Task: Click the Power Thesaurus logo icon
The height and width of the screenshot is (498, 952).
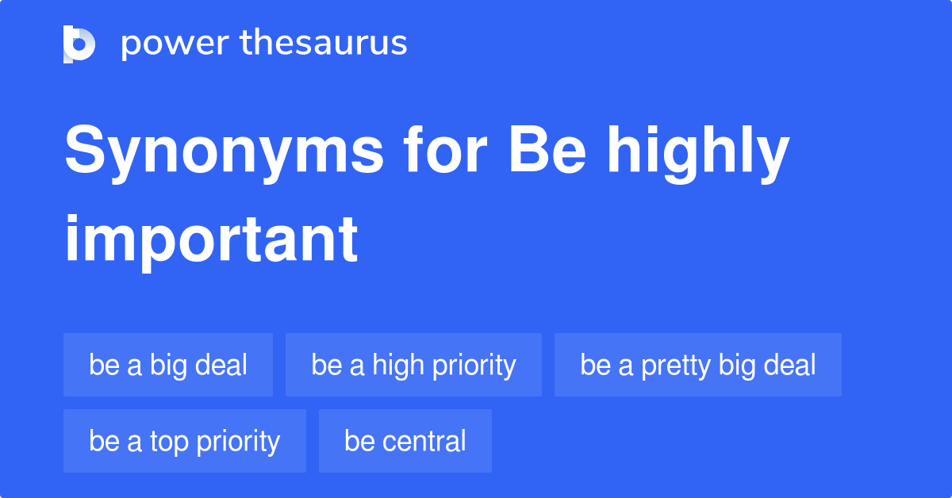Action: (79, 44)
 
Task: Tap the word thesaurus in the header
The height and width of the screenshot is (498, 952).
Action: (324, 42)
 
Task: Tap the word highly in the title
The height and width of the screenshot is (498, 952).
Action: (698, 154)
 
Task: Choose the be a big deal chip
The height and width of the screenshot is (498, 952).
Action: (168, 365)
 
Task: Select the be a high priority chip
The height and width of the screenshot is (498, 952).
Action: (413, 365)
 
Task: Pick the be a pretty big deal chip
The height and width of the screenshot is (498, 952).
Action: (698, 365)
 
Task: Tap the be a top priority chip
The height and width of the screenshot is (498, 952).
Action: (184, 441)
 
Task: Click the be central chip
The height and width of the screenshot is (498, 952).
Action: (405, 441)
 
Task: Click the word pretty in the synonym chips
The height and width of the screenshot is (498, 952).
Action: (676, 366)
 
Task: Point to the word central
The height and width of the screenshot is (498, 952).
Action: (424, 441)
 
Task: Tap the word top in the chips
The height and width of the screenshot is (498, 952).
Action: (169, 442)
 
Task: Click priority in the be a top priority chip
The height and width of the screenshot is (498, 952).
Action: (238, 442)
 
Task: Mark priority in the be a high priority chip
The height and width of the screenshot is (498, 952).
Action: (474, 366)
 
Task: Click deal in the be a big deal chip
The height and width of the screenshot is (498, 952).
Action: (221, 365)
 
